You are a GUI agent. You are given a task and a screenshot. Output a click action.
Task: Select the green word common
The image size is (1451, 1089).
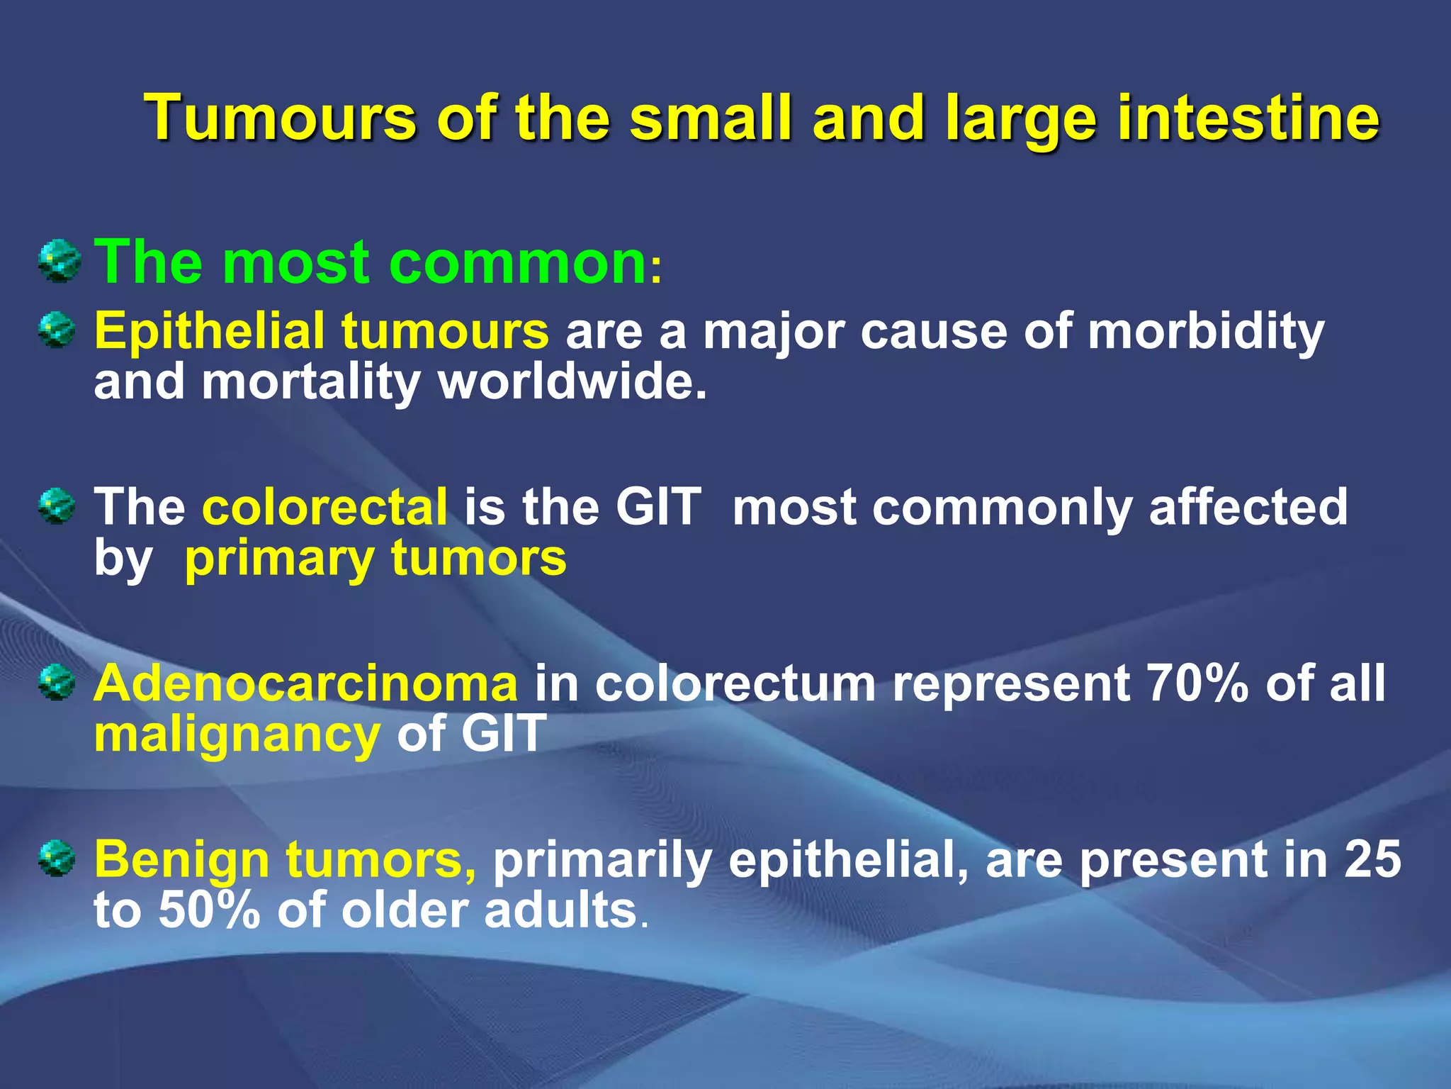(x=518, y=262)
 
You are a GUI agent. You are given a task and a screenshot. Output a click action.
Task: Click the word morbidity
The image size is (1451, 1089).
(x=1205, y=331)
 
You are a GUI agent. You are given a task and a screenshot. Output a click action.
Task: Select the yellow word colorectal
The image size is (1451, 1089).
(x=325, y=507)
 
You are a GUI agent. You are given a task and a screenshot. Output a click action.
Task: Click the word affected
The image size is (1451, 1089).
(x=1248, y=507)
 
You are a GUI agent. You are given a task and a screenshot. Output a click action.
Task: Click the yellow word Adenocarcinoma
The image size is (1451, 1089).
(x=305, y=683)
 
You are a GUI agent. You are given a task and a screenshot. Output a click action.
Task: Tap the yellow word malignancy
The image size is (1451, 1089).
(x=237, y=735)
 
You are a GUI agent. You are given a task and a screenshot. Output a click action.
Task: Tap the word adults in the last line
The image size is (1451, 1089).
(x=560, y=910)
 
